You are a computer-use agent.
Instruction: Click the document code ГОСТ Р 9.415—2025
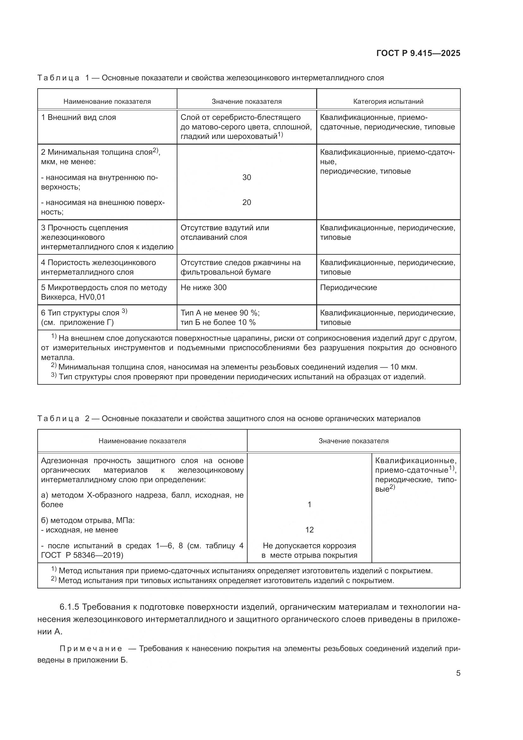(418, 53)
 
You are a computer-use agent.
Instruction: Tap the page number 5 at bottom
(458, 673)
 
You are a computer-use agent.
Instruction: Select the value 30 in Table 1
(246, 177)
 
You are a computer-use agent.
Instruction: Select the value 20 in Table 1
(246, 202)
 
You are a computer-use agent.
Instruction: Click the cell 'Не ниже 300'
(204, 288)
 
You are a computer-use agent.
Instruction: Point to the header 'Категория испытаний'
(388, 102)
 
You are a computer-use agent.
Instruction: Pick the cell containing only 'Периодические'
(348, 288)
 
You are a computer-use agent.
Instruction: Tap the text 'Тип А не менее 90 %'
(220, 313)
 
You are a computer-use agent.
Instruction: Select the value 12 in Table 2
(309, 530)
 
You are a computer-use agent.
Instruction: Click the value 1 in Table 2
(309, 504)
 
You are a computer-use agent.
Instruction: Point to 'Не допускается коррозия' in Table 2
(309, 546)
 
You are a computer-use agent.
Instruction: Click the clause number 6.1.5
(69, 607)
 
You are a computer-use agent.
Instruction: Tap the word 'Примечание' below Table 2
(91, 649)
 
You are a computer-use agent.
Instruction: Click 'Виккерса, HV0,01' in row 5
(73, 297)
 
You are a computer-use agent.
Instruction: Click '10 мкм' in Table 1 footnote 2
(403, 367)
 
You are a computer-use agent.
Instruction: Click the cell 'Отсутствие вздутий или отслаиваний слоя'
(225, 233)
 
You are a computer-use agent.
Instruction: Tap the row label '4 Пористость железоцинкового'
(98, 263)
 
